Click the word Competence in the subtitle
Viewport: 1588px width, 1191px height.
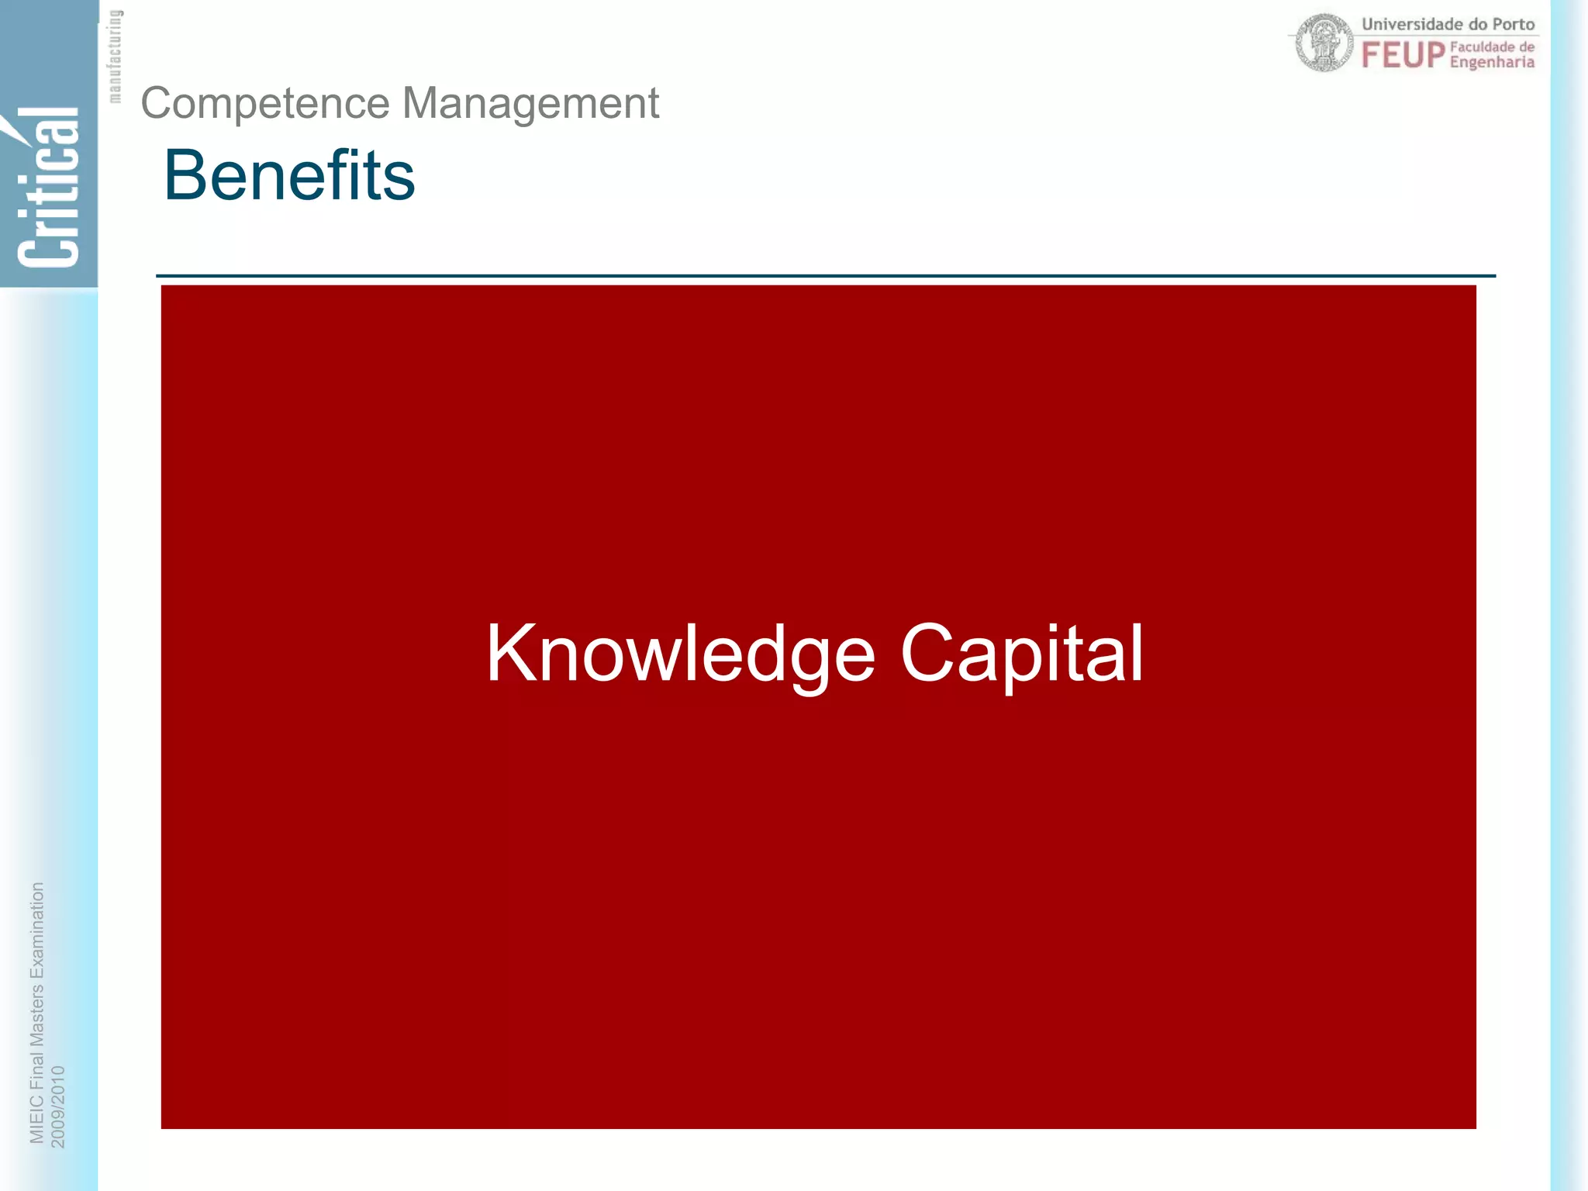(x=265, y=103)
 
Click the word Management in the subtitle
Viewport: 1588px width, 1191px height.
(x=530, y=103)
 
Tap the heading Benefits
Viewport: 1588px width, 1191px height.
(x=289, y=175)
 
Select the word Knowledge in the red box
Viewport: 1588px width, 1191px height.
(x=680, y=654)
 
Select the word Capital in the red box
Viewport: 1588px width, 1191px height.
(x=1021, y=654)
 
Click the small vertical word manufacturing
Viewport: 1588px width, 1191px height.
(x=115, y=56)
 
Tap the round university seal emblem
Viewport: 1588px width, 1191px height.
(x=1325, y=43)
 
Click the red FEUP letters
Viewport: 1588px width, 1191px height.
(x=1403, y=55)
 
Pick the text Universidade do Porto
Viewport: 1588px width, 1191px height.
(x=1448, y=24)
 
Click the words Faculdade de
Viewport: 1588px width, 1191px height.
(x=1492, y=47)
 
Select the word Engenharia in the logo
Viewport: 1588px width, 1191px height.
(x=1492, y=62)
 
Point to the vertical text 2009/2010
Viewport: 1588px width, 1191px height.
(x=58, y=1106)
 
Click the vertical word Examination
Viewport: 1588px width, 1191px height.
(x=36, y=930)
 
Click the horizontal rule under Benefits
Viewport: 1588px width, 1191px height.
(x=825, y=275)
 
